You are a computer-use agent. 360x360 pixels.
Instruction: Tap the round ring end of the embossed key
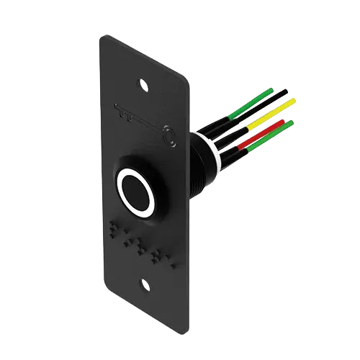click(169, 135)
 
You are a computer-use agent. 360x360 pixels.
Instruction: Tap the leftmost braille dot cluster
click(115, 230)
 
